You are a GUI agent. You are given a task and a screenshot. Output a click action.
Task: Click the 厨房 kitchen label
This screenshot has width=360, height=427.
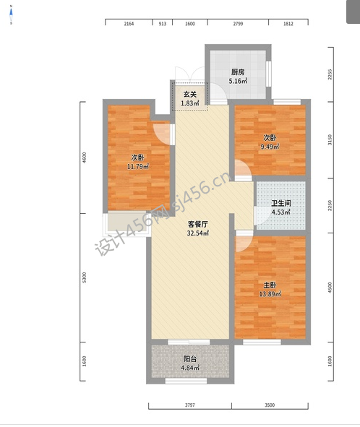tap(238, 72)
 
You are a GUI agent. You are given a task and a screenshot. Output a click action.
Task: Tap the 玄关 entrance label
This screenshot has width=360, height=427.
tap(189, 95)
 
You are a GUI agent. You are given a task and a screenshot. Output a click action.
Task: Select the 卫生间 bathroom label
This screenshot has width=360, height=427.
tap(281, 203)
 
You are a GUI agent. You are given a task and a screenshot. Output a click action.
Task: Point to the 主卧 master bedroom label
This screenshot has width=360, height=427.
tap(270, 285)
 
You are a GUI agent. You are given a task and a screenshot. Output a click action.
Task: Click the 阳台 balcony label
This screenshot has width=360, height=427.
tap(190, 359)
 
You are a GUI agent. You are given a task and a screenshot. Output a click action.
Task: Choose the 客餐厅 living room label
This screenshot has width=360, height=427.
tap(198, 225)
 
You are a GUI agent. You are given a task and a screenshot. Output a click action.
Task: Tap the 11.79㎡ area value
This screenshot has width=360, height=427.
tap(138, 166)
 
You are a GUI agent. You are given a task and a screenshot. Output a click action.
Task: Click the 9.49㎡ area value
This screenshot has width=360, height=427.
tap(270, 147)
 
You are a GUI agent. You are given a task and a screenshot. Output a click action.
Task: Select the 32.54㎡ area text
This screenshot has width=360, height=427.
tap(198, 233)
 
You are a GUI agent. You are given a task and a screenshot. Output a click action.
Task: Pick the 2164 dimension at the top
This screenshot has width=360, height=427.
tap(129, 24)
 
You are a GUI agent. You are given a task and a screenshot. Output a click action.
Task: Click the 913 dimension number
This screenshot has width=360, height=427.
tap(163, 24)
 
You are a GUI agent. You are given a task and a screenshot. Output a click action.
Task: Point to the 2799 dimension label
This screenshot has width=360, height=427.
tap(238, 24)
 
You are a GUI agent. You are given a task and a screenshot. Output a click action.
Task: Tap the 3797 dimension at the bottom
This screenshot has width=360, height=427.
tap(190, 405)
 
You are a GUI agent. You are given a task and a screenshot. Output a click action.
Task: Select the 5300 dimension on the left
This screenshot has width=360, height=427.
tap(84, 277)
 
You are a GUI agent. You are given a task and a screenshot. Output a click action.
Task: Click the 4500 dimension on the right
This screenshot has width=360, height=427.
tap(330, 288)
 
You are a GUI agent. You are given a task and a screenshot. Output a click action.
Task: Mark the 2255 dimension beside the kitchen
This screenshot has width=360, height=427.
tap(330, 74)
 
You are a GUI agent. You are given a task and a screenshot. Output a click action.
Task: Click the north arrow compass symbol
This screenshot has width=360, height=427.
tap(11, 14)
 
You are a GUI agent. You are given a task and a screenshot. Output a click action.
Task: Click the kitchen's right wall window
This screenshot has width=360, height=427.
tap(269, 74)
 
